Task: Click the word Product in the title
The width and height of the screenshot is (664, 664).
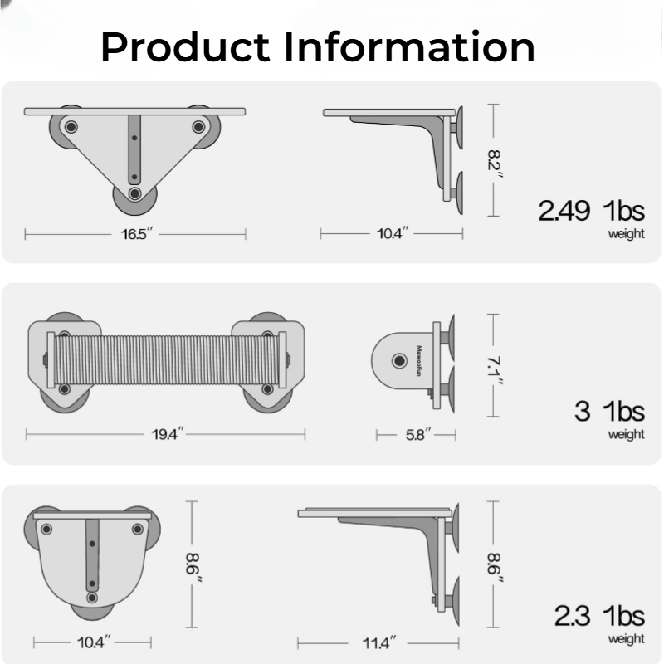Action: point(185,47)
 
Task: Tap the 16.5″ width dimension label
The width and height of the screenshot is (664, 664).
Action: point(136,234)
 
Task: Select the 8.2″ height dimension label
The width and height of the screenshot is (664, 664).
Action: point(494,164)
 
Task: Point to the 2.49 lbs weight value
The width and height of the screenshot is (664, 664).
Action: point(591,211)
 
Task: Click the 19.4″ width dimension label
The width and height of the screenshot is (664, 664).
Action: point(168,434)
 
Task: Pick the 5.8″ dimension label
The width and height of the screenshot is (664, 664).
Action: point(418,434)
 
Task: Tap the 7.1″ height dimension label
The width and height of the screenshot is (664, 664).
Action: point(494,371)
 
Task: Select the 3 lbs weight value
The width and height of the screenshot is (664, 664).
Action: point(609,411)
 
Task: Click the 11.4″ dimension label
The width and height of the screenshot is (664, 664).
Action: point(379,643)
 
